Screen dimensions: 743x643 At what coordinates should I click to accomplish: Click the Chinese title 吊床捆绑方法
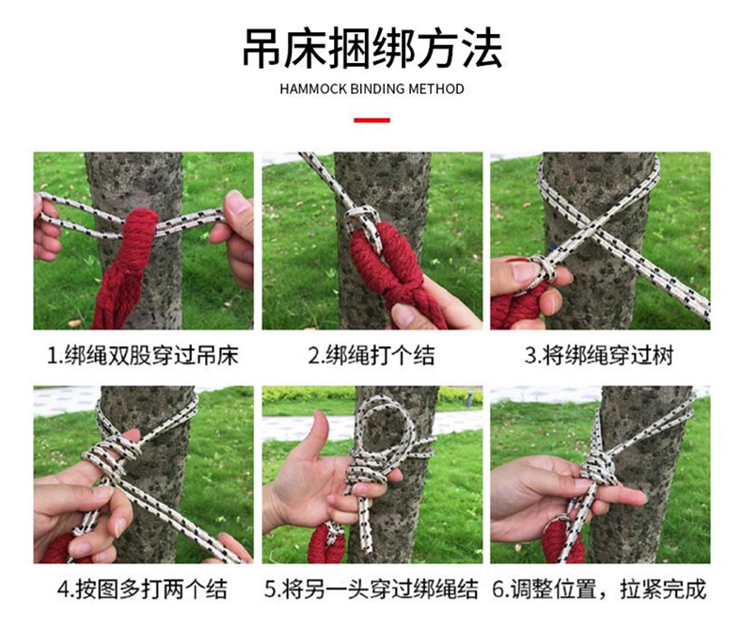coord(372,49)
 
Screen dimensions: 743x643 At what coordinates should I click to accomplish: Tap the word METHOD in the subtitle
coord(436,89)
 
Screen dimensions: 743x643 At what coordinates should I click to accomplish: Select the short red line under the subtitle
coord(372,121)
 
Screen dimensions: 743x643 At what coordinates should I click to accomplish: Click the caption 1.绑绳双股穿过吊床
coord(142,356)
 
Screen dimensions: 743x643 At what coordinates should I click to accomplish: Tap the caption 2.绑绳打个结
coord(371,356)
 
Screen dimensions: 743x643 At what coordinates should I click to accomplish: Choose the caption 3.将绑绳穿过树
coord(599,356)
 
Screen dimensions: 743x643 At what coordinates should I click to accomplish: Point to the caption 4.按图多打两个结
coord(142,589)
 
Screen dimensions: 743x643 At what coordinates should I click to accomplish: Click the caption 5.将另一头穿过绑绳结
coord(371,589)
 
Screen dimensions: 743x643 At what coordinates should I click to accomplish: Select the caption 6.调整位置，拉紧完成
coord(599,589)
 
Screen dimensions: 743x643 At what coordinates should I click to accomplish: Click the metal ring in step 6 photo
coord(560,524)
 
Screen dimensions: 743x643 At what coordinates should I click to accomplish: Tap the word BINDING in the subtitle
coord(377,89)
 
